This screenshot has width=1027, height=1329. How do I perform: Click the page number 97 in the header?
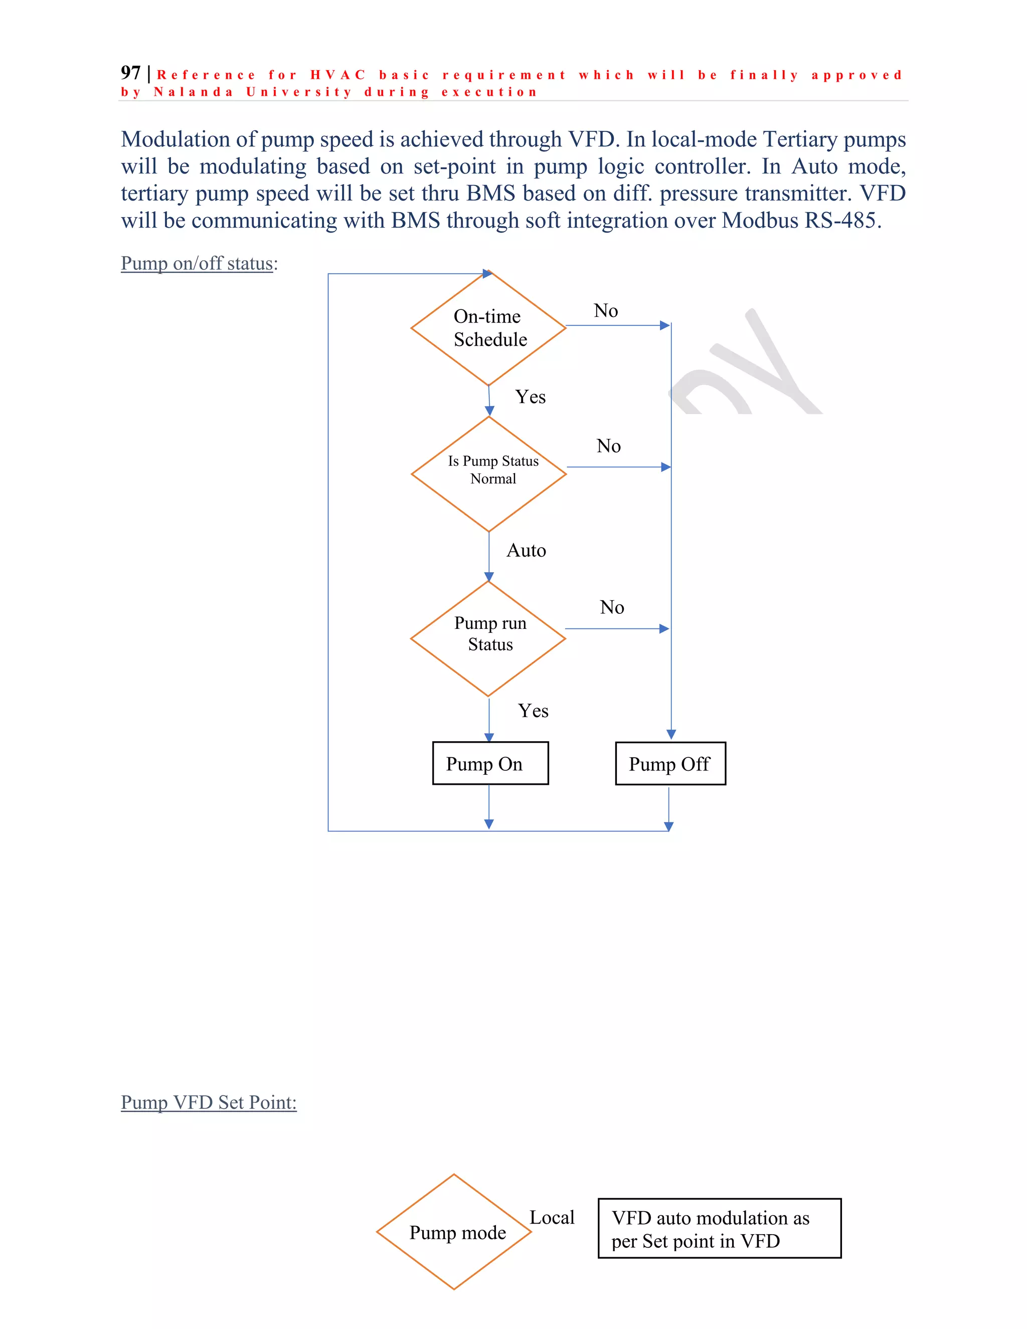click(x=130, y=73)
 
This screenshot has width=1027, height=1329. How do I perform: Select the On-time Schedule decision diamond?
click(x=488, y=328)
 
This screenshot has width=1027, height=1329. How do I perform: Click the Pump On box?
click(x=490, y=763)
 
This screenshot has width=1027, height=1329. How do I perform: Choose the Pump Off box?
click(x=670, y=764)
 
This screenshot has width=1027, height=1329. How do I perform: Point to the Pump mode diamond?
click(x=454, y=1232)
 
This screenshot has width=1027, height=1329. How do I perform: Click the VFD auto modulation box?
click(x=719, y=1229)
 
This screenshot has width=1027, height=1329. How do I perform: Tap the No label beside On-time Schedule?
click(x=605, y=311)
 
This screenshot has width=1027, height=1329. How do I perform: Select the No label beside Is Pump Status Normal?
click(x=608, y=446)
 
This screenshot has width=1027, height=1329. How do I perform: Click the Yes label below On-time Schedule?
click(x=530, y=397)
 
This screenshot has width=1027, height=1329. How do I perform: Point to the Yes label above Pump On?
click(x=533, y=711)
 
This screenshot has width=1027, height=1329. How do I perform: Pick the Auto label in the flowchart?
click(x=526, y=551)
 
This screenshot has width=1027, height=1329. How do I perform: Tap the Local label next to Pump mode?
click(x=552, y=1218)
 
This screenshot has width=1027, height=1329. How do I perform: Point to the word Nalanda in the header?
click(x=193, y=92)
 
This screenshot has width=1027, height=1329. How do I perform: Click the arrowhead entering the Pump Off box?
click(x=671, y=735)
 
